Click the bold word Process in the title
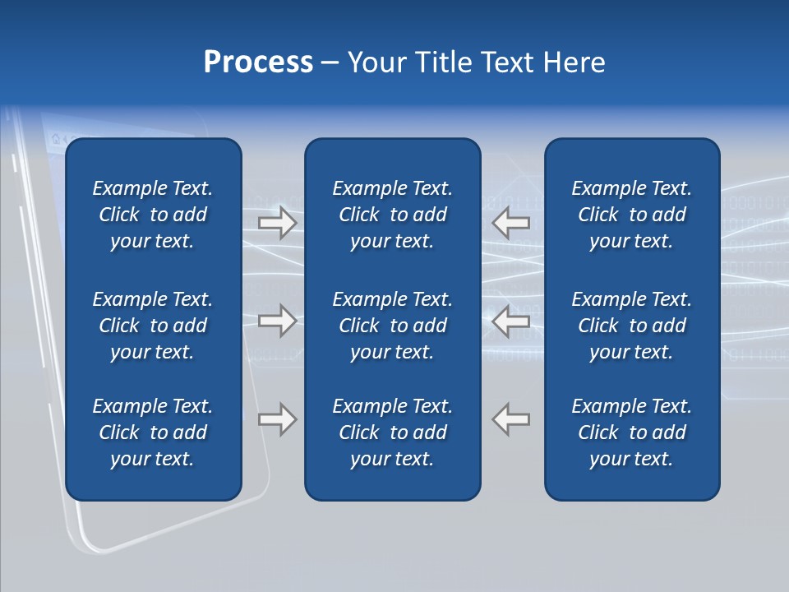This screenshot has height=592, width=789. pyautogui.click(x=258, y=62)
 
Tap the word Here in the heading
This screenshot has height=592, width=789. pyautogui.click(x=573, y=62)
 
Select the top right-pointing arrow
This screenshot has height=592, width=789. pyautogui.click(x=278, y=223)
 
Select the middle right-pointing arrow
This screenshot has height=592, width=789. pyautogui.click(x=278, y=321)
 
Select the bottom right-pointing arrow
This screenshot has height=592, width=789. pyautogui.click(x=278, y=419)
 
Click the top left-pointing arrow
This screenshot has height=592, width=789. pyautogui.click(x=510, y=223)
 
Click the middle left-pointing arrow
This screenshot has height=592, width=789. pyautogui.click(x=510, y=321)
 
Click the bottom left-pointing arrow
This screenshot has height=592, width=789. pyautogui.click(x=510, y=419)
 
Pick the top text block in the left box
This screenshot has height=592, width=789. pyautogui.click(x=153, y=215)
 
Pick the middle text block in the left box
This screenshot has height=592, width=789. pyautogui.click(x=153, y=326)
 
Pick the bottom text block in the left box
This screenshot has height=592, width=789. pyautogui.click(x=153, y=432)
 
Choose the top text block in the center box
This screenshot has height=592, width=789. pyautogui.click(x=393, y=215)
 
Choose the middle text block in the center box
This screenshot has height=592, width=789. pyautogui.click(x=393, y=326)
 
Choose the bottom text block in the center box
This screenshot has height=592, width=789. pyautogui.click(x=393, y=432)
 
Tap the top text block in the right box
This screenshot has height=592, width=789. pyautogui.click(x=632, y=215)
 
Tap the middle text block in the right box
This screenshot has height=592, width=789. pyautogui.click(x=632, y=326)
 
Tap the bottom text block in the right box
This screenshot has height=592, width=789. pyautogui.click(x=632, y=432)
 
